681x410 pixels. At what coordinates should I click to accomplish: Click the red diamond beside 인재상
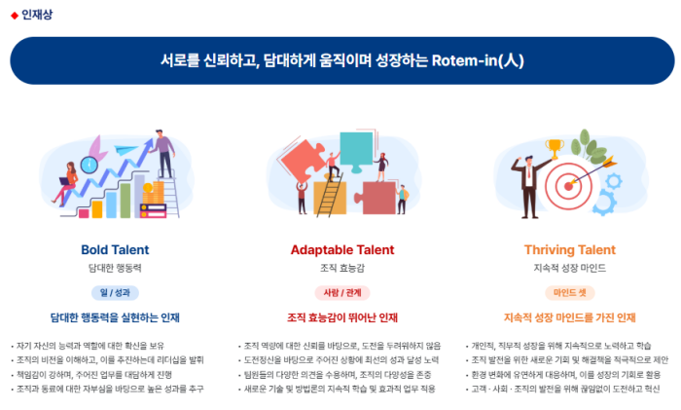15,16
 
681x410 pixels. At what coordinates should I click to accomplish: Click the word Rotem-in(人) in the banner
478,60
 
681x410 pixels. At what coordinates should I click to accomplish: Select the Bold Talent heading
115,249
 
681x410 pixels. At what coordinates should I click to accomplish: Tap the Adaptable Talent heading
342,249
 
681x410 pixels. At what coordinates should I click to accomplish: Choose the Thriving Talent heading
569,249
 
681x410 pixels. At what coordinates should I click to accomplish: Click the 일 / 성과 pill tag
115,292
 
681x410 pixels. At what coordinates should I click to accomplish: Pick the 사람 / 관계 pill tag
342,292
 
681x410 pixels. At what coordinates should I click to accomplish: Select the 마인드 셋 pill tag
569,292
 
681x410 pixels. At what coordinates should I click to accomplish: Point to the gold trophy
555,149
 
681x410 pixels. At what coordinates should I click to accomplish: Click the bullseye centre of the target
568,187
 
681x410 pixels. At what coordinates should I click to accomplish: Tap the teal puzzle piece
356,150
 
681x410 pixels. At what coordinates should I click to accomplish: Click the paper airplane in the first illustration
125,150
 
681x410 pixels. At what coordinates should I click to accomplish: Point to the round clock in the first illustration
90,166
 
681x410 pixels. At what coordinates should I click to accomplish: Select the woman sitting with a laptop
66,183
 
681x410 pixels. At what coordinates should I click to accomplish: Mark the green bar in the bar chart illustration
125,201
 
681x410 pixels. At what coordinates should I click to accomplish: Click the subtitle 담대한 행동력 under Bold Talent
115,268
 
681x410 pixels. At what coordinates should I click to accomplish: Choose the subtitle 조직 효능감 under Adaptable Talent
342,268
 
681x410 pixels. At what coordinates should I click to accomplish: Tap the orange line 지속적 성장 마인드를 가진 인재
569,317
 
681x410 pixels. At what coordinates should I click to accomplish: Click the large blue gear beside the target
604,203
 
